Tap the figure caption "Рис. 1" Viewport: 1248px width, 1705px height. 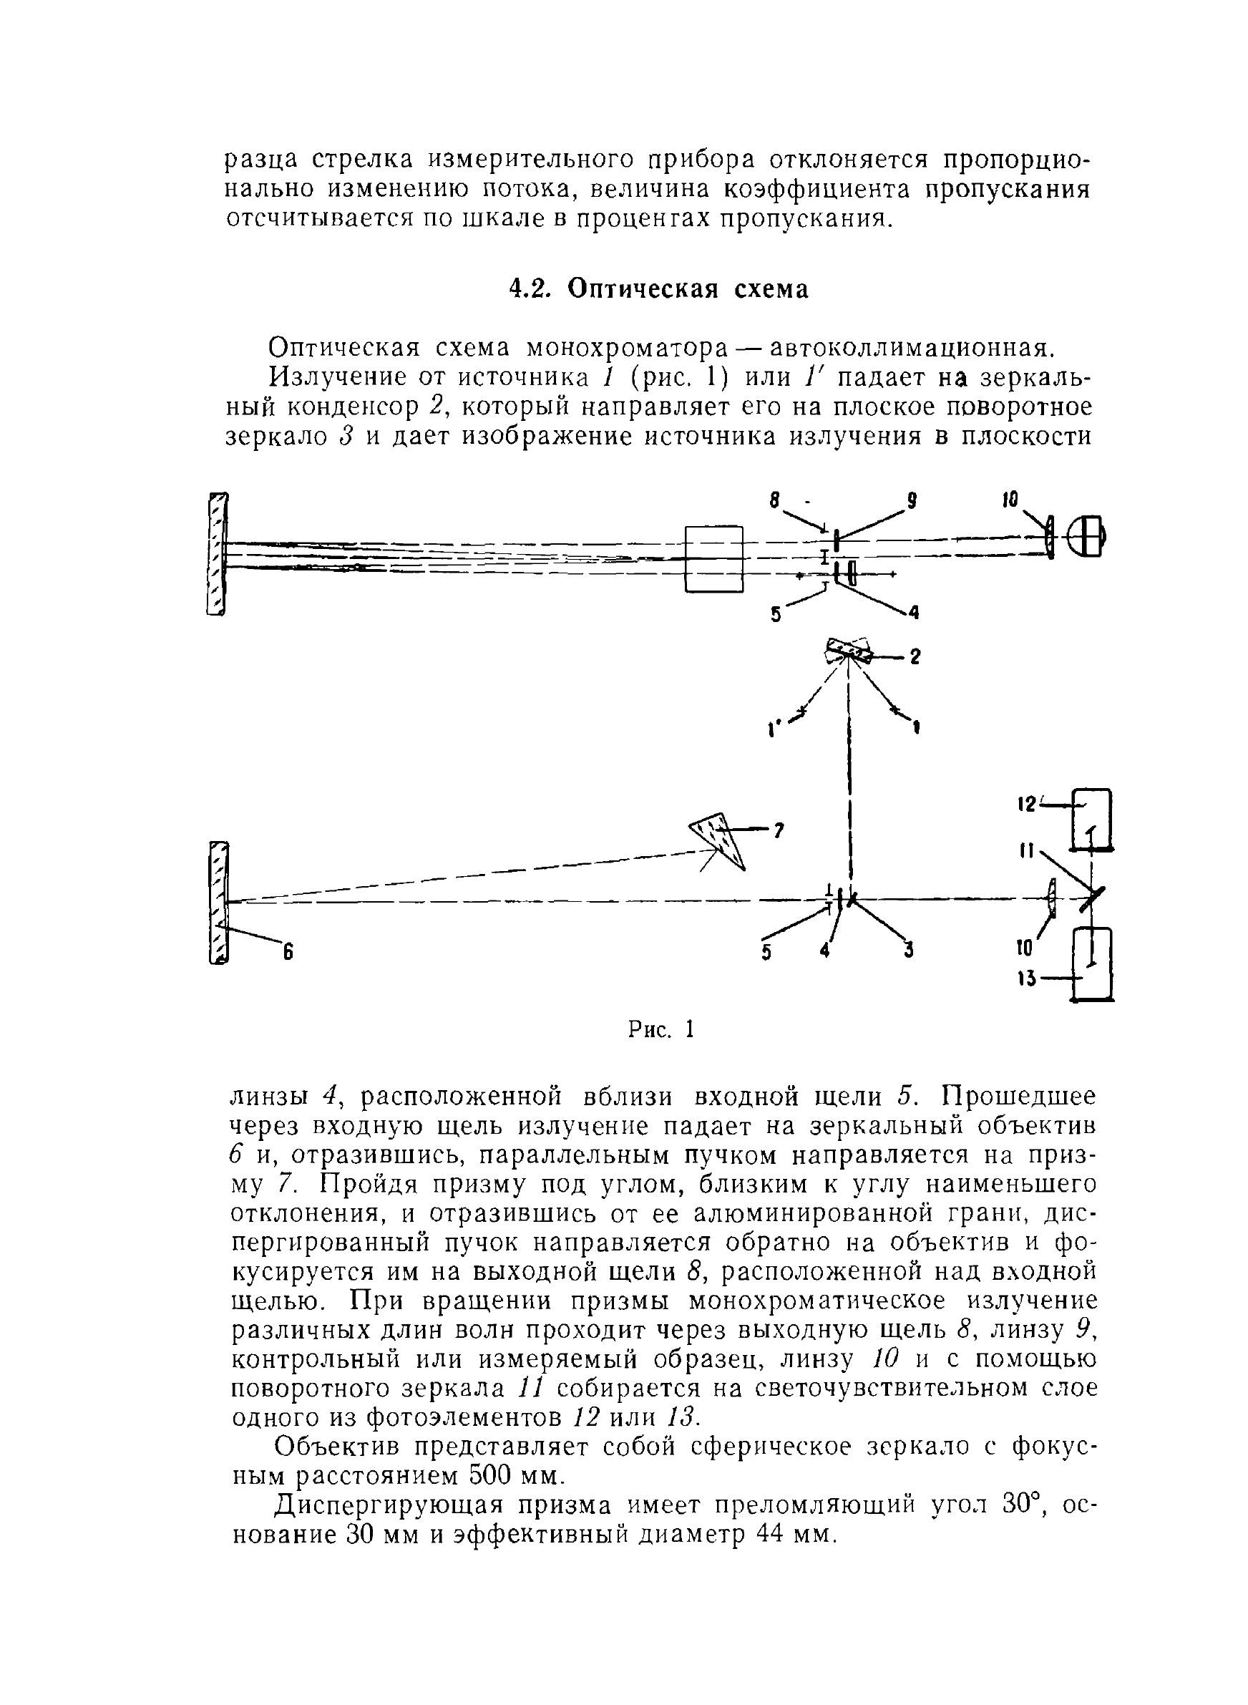pyautogui.click(x=660, y=1029)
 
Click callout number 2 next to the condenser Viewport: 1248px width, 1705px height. pyautogui.click(x=915, y=657)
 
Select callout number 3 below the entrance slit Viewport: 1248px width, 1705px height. pyautogui.click(x=910, y=952)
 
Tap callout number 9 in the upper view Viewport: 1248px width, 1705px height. pyautogui.click(x=912, y=500)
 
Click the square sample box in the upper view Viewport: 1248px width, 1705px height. pyautogui.click(x=714, y=558)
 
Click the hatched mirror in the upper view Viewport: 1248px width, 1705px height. pyautogui.click(x=217, y=554)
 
